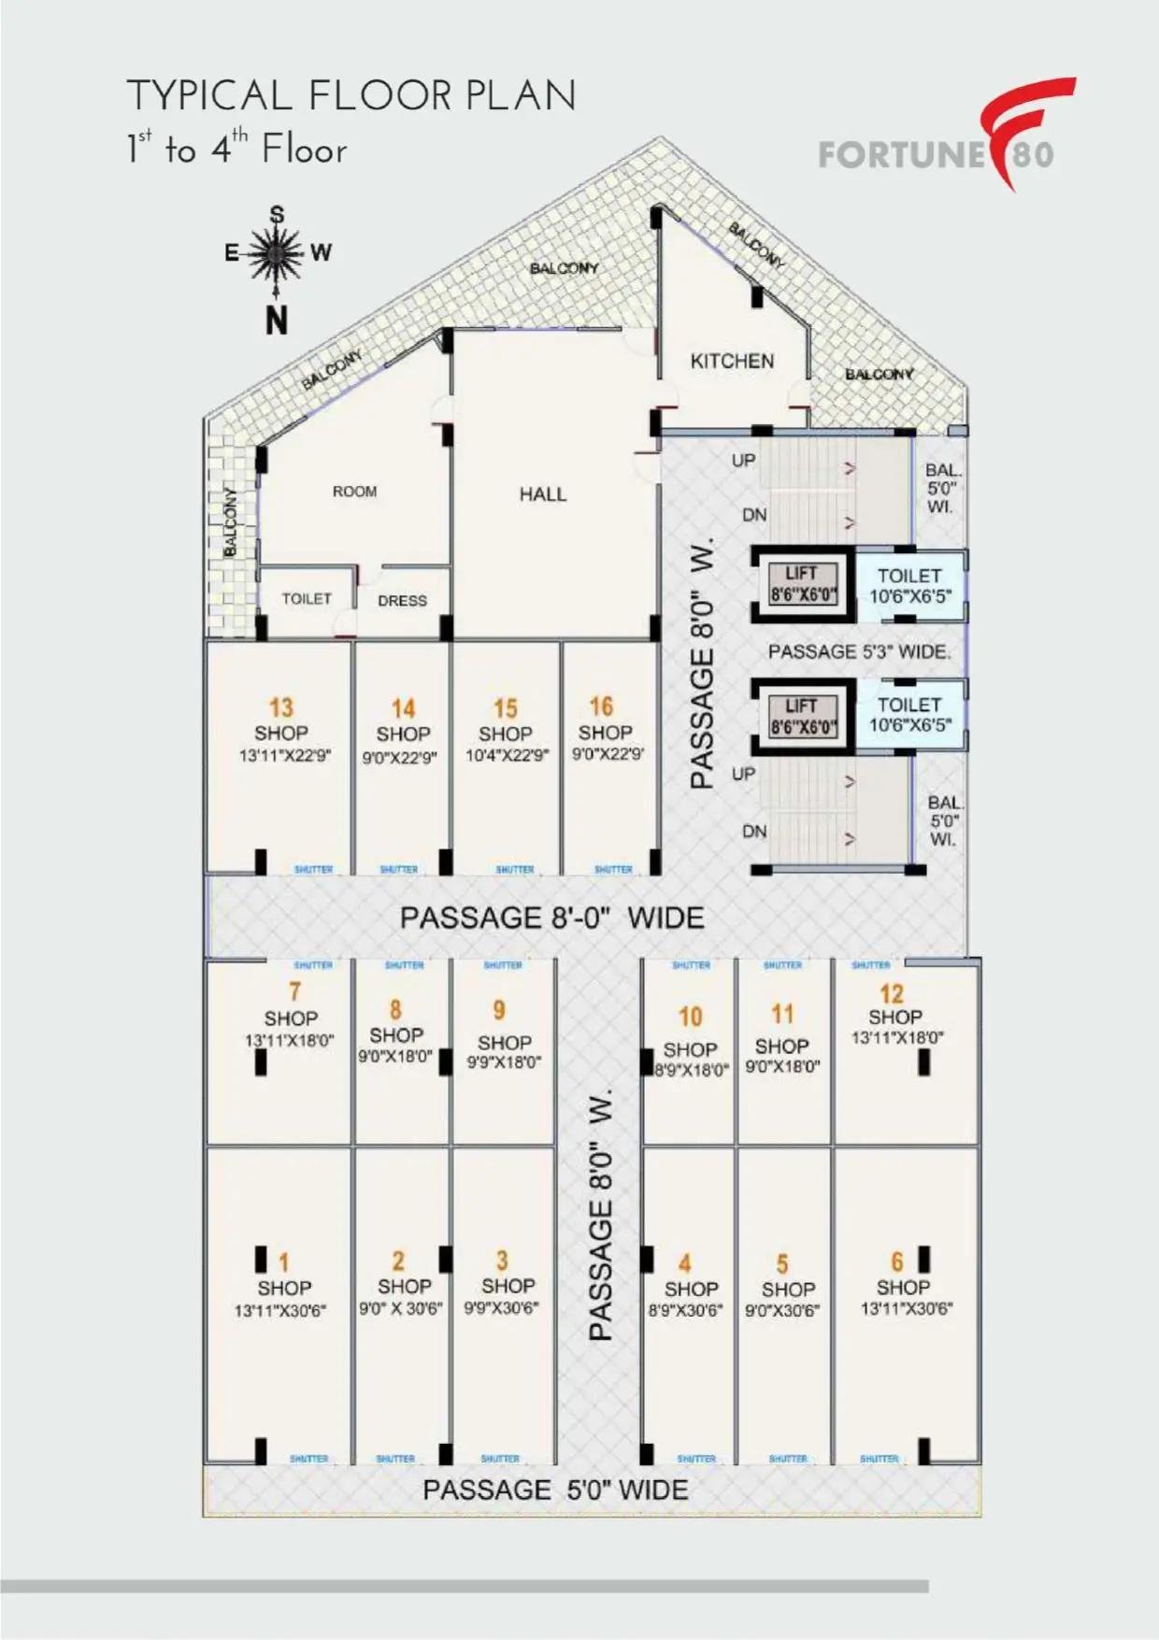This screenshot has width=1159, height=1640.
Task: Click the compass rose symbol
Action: click(277, 253)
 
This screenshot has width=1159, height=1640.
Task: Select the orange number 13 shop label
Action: click(280, 707)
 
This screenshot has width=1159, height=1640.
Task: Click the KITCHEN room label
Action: click(732, 361)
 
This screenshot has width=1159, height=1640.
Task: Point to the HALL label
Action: click(543, 494)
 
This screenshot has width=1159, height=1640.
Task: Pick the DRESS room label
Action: click(402, 601)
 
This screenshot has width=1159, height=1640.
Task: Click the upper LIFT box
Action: click(802, 584)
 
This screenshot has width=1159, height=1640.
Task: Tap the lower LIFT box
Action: click(802, 716)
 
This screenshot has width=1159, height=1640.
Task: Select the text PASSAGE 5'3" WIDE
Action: click(859, 652)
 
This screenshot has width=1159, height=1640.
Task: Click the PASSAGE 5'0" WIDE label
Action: click(555, 1490)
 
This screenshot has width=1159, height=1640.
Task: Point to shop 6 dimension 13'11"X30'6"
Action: click(906, 1309)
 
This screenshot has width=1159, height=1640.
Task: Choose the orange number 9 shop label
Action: click(499, 1010)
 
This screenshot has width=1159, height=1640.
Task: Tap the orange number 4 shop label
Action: click(684, 1264)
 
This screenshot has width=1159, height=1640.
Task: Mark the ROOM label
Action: click(355, 492)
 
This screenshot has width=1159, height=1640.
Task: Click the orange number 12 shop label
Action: click(892, 993)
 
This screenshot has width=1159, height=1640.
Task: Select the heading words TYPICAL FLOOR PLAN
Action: click(351, 96)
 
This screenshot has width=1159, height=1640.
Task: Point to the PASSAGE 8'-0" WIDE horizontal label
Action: click(551, 918)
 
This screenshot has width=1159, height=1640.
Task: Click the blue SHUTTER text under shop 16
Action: click(613, 869)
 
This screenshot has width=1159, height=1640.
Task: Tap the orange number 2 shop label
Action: click(398, 1261)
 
